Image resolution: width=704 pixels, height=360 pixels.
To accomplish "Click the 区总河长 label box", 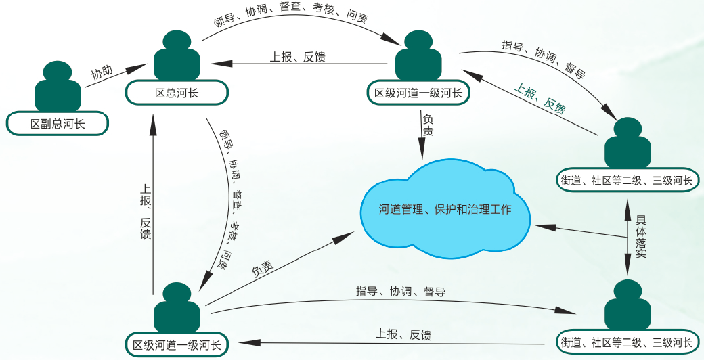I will coord(177,93).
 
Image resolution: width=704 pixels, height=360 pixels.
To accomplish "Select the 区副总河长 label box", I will coord(58,124).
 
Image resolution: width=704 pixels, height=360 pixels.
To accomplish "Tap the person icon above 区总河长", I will coord(177,57).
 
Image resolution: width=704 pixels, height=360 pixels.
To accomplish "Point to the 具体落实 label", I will coord(640,237).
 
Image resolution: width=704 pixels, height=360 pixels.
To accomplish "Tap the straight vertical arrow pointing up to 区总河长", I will coord(152,203).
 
